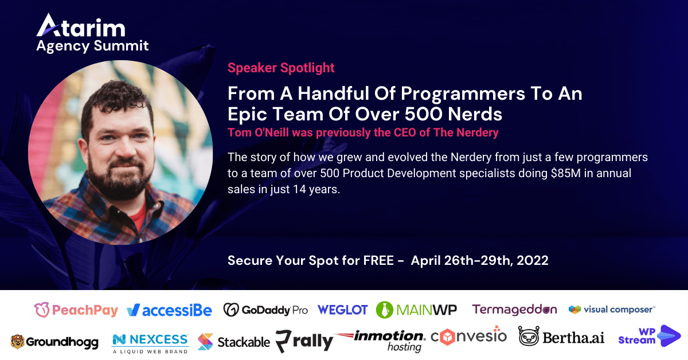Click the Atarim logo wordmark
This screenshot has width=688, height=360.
(81, 25)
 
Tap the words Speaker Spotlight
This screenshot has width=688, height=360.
(281, 68)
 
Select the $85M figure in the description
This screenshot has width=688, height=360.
(566, 173)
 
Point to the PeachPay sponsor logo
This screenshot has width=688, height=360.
(76, 310)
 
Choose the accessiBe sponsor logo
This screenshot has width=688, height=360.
(169, 310)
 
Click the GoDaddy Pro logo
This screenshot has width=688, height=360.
(265, 310)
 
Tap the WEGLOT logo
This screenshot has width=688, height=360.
(342, 310)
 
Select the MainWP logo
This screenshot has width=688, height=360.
(416, 310)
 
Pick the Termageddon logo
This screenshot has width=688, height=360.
(514, 310)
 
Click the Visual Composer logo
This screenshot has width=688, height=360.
(612, 310)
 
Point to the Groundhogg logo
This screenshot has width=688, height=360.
(54, 342)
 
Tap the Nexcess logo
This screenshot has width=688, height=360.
(150, 344)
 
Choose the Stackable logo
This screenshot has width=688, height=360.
(234, 342)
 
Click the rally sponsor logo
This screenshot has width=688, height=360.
(304, 341)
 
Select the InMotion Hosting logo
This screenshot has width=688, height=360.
(381, 341)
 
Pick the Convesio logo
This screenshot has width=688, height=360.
(469, 336)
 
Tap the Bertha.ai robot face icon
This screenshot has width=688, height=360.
(529, 336)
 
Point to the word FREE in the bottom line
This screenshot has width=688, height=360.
(378, 260)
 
